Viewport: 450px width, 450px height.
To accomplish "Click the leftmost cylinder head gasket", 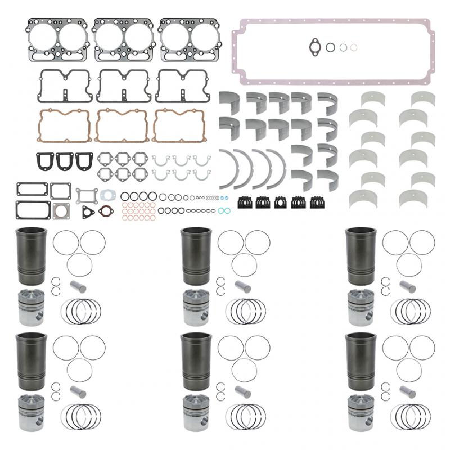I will coord(56,39).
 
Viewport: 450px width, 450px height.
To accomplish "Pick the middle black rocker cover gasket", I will coord(122,85).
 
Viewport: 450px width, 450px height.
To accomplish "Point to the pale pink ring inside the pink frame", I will coord(353,48).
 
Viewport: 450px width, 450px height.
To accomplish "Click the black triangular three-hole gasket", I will coord(88,211).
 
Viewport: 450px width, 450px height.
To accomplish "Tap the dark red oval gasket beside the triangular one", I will coord(105,211).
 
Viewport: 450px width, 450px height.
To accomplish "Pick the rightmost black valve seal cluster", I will coord(318,201).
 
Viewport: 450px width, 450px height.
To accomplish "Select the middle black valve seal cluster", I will coord(281,201).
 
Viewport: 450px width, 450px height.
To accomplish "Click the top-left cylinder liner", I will coord(33,255).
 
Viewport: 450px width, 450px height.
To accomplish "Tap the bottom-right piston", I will coord(361,415).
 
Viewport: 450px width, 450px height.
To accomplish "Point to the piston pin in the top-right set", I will coord(408,286).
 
